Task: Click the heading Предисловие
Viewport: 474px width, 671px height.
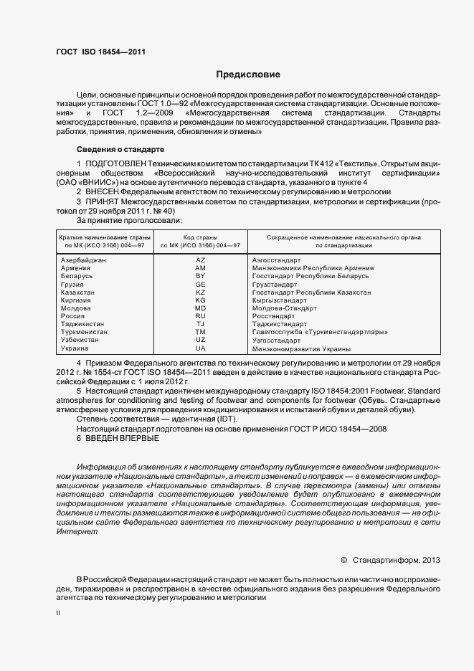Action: pos(248,75)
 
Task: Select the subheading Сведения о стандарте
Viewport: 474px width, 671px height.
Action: pos(120,149)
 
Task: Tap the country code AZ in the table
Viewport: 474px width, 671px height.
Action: pos(200,260)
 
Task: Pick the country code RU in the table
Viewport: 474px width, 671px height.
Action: pos(200,316)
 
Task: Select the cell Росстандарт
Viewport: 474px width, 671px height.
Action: pos(273,316)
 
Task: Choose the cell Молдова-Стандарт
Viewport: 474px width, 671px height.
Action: pos(285,308)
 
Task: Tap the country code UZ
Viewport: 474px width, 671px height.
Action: pos(200,341)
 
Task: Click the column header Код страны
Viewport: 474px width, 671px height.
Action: pos(200,237)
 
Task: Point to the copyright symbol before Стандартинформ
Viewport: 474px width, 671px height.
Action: pos(343,559)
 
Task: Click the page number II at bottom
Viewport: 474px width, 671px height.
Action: pos(58,614)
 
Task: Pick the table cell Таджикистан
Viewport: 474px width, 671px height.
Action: pos(82,324)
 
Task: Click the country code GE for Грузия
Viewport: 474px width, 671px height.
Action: pos(200,284)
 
